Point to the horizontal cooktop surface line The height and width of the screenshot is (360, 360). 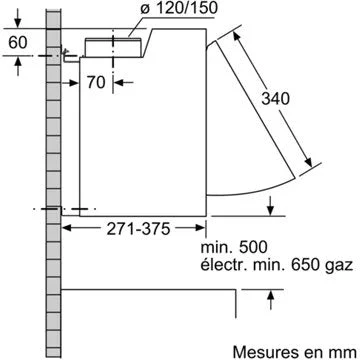click(150, 290)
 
